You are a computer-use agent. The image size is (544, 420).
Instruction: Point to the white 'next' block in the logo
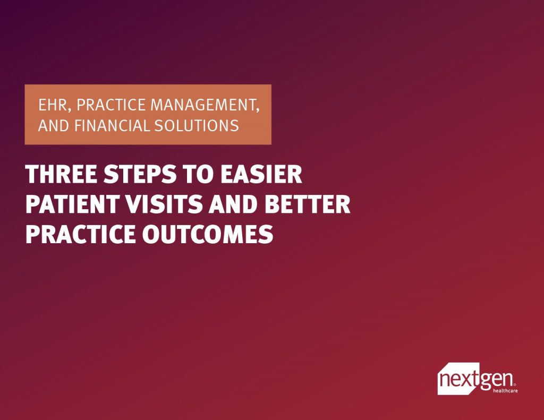pos(457,380)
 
